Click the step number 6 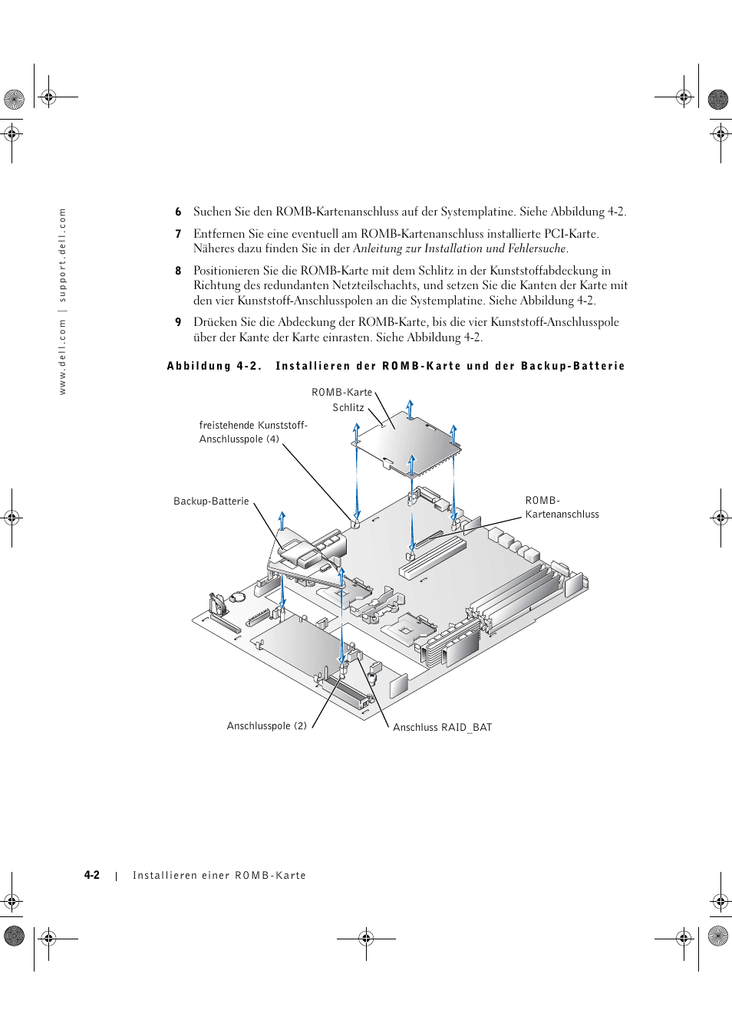tap(178, 212)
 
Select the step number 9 tap(178, 323)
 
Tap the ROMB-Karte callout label tap(341, 393)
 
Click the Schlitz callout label tap(348, 408)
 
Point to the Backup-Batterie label tap(211, 502)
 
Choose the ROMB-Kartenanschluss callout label tap(562, 508)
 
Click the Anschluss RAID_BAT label tap(442, 728)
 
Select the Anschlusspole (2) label tap(266, 726)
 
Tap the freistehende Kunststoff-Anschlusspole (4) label tap(252, 432)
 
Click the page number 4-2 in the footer tap(92, 875)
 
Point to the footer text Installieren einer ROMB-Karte tap(219, 876)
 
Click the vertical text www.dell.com tap(63, 357)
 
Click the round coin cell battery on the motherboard tap(239, 595)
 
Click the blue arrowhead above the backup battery tap(282, 515)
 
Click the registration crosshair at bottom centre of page tap(366, 938)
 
